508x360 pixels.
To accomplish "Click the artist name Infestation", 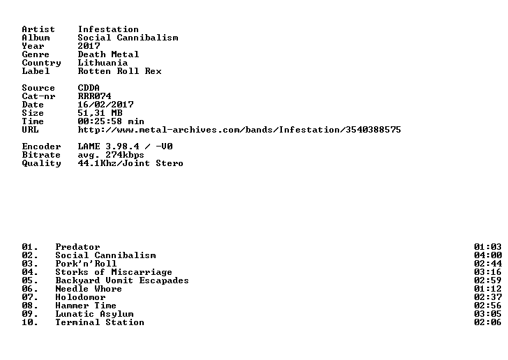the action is pyautogui.click(x=108, y=29).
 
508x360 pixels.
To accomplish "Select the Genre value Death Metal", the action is pyautogui.click(x=108, y=54).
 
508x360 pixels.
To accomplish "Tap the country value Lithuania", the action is pyautogui.click(x=103, y=63).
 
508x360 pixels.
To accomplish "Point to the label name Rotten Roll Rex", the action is pyautogui.click(x=119, y=71).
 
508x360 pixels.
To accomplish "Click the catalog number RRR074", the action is pyautogui.click(x=94, y=96).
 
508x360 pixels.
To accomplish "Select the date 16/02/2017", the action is pyautogui.click(x=105, y=105).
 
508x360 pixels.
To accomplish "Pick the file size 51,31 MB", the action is pyautogui.click(x=100, y=113).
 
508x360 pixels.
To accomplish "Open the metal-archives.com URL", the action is pyautogui.click(x=239, y=130).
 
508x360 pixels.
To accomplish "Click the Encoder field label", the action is pyautogui.click(x=41, y=147).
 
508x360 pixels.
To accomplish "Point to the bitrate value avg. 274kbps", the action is pyautogui.click(x=111, y=155).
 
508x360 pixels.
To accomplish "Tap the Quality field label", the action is pyautogui.click(x=41, y=163).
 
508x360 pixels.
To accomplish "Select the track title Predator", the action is pyautogui.click(x=77, y=247).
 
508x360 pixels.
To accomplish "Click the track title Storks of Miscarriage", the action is pyautogui.click(x=114, y=272).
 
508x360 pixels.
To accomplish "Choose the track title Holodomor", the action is pyautogui.click(x=80, y=297).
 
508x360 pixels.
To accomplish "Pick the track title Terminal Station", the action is pyautogui.click(x=100, y=322).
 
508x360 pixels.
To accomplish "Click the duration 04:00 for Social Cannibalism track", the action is pyautogui.click(x=488, y=255).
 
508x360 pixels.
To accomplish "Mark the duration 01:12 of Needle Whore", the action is pyautogui.click(x=488, y=289).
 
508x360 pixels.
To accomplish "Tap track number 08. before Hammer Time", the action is pyautogui.click(x=30, y=306).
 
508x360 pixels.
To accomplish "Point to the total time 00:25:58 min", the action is pyautogui.click(x=111, y=121).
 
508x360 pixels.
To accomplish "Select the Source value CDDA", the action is pyautogui.click(x=89, y=88).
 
